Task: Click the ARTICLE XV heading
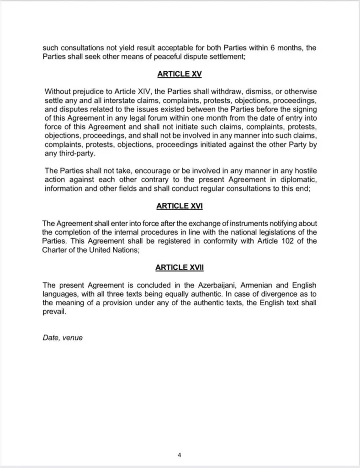(180, 74)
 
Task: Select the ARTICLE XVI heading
(180, 206)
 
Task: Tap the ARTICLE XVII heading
(180, 267)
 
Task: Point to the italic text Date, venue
(63, 338)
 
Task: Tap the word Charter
(55, 250)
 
